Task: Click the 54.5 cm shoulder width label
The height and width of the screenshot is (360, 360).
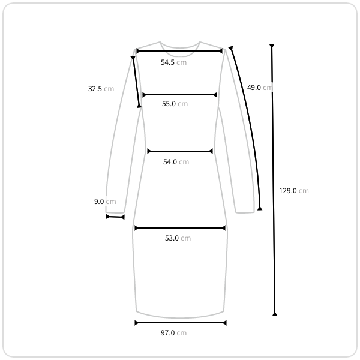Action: [x=173, y=62]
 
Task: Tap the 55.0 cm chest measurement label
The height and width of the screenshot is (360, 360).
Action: [x=175, y=104]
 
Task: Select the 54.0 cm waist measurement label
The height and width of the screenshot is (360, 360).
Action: [x=176, y=162]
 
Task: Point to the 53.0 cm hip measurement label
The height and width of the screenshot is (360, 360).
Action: [x=178, y=238]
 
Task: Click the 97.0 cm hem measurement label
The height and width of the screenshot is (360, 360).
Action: [x=173, y=332]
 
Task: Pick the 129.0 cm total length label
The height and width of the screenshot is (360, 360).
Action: [x=293, y=191]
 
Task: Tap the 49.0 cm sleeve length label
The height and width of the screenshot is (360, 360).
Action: [x=260, y=88]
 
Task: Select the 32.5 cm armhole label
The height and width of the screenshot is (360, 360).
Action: [x=101, y=89]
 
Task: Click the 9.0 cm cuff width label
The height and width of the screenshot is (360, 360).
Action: [x=105, y=202]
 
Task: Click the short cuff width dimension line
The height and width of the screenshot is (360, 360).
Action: [x=115, y=217]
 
